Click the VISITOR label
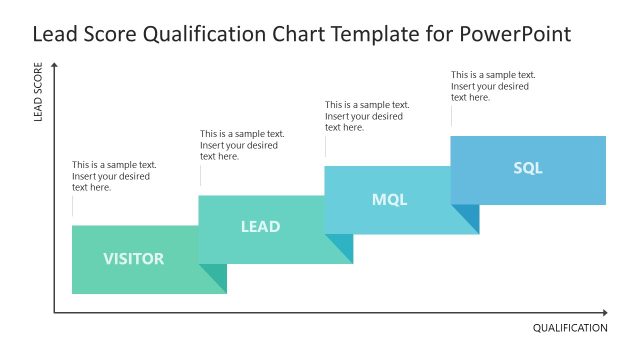[x=133, y=259]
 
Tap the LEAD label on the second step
[x=260, y=227]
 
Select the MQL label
[x=389, y=199]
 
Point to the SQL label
[x=528, y=168]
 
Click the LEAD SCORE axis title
[x=39, y=95]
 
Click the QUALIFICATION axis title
[x=570, y=328]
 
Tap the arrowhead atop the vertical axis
[x=54, y=65]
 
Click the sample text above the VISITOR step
[x=113, y=176]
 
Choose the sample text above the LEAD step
[x=241, y=145]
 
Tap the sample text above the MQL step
[x=367, y=116]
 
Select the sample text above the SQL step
[x=493, y=86]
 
